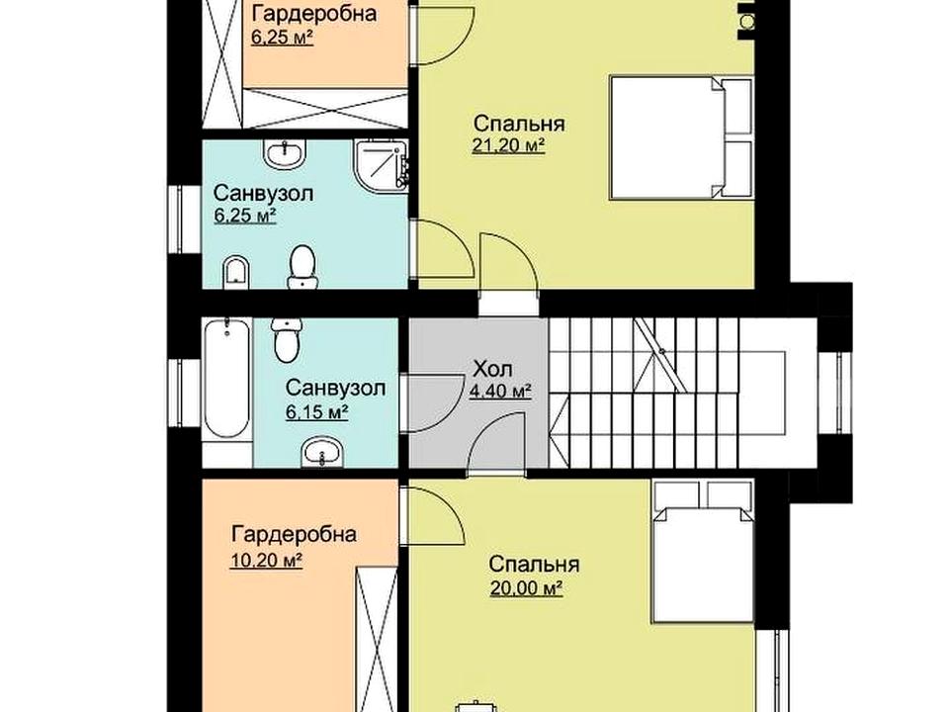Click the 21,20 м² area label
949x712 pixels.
(508, 146)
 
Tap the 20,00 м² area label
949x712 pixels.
(527, 588)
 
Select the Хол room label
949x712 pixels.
(492, 368)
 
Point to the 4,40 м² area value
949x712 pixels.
(500, 392)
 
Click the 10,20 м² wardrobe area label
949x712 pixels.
(266, 560)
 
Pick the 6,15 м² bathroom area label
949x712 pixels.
(316, 412)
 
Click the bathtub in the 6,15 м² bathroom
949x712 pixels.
(227, 379)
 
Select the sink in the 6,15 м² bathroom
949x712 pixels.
(322, 453)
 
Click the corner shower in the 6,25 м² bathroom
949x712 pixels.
(382, 165)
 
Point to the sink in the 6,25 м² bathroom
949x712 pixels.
(285, 154)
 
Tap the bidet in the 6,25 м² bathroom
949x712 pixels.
(236, 273)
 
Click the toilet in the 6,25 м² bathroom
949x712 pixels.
(302, 267)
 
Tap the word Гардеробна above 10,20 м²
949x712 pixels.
(294, 535)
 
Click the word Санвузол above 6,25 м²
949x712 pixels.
(263, 195)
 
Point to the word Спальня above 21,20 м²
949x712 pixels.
(519, 125)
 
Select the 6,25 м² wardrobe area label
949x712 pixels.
(282, 37)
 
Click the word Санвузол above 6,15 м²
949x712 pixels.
(335, 388)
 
